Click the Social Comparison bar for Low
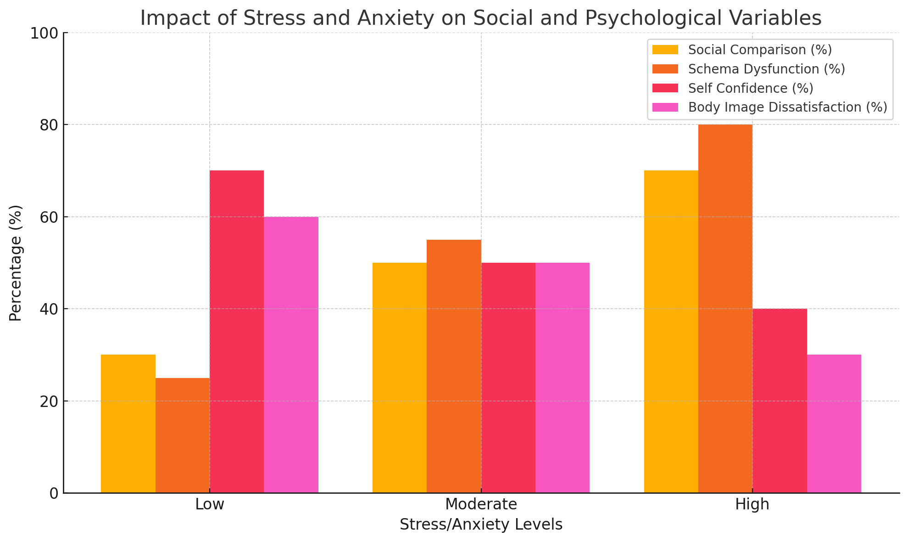click(x=128, y=423)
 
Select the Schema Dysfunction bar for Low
click(x=182, y=435)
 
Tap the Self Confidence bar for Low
click(x=237, y=332)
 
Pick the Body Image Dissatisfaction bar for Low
click(x=291, y=355)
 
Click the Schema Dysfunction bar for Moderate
click(x=454, y=366)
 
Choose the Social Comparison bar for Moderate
click(x=400, y=378)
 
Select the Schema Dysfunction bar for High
click(x=725, y=309)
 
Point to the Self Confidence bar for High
click(x=780, y=401)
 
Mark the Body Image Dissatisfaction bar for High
click(x=834, y=423)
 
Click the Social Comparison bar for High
click(x=671, y=332)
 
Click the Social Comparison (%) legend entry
click(x=760, y=50)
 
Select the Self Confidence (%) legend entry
click(x=751, y=88)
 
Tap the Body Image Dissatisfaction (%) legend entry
click(x=787, y=107)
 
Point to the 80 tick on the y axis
click(x=50, y=125)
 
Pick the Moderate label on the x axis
click(x=481, y=504)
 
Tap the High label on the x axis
click(x=752, y=504)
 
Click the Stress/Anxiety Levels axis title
click(x=481, y=525)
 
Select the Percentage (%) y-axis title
click(x=16, y=263)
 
